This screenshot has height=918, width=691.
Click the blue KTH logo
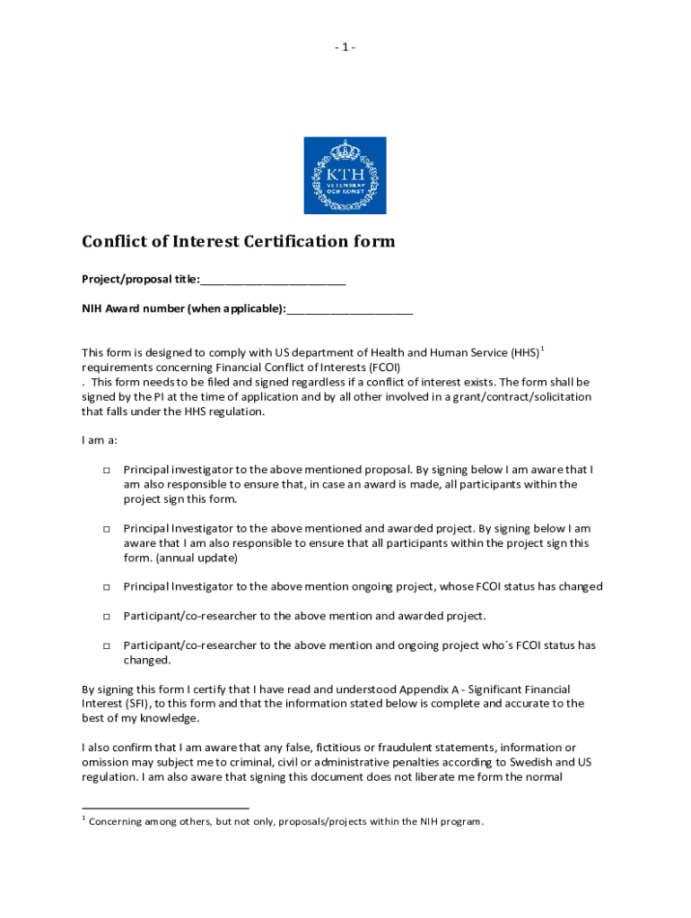pyautogui.click(x=345, y=175)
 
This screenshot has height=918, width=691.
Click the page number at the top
pyautogui.click(x=345, y=47)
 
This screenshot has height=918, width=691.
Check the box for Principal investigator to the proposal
pyautogui.click(x=106, y=470)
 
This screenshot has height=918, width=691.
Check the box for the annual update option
pyautogui.click(x=106, y=529)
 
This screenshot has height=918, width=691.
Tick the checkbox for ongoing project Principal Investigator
pyautogui.click(x=106, y=587)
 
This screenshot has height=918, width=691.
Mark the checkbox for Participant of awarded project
pyautogui.click(x=106, y=617)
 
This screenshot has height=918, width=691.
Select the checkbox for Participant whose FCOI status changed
pyautogui.click(x=106, y=645)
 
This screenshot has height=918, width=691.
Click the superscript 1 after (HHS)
pyautogui.click(x=541, y=348)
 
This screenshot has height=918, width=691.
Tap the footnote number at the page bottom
pyautogui.click(x=83, y=818)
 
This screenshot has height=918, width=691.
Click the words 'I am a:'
pyautogui.click(x=100, y=440)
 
